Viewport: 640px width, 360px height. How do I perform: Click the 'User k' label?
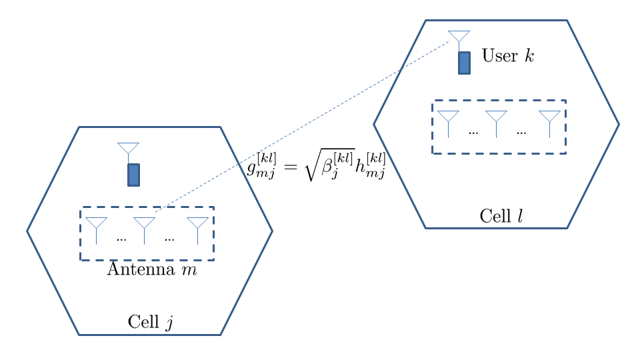pyautogui.click(x=507, y=56)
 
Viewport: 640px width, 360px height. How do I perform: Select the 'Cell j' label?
pyautogui.click(x=151, y=323)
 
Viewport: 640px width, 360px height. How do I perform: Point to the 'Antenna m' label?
pyautogui.click(x=152, y=270)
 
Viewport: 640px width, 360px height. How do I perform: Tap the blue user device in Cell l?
pyautogui.click(x=464, y=63)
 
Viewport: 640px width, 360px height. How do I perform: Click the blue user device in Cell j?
pyautogui.click(x=133, y=175)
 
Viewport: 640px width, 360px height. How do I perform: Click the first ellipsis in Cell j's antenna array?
pyautogui.click(x=121, y=238)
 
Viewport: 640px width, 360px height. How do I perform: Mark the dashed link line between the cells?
pyautogui.click(x=300, y=127)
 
